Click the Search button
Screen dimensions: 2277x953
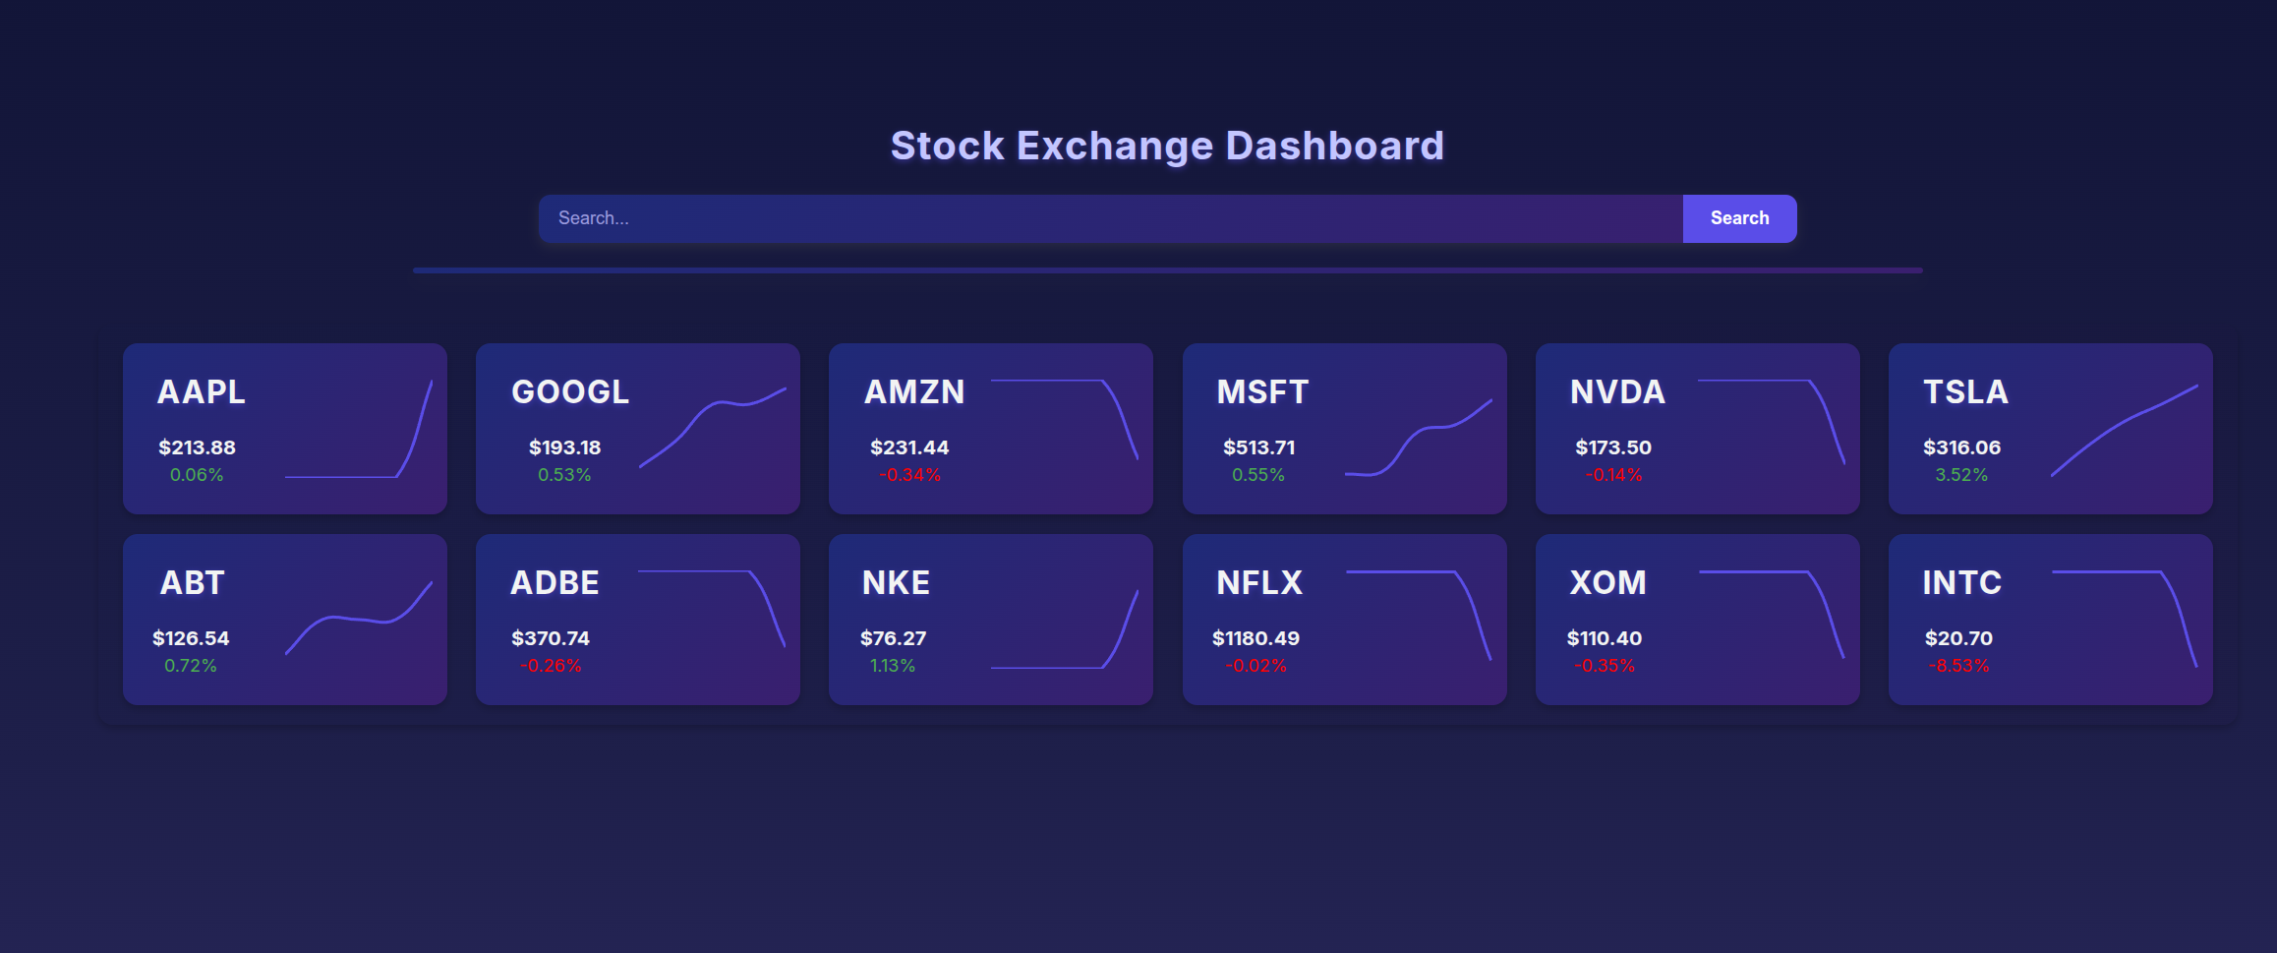(1739, 218)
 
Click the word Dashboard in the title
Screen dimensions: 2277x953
(1335, 146)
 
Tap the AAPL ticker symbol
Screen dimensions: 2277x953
(202, 391)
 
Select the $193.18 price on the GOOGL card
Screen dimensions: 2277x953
(564, 447)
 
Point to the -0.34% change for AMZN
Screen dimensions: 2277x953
(909, 475)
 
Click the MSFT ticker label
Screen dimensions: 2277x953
(1262, 391)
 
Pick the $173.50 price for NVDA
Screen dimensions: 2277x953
(1613, 447)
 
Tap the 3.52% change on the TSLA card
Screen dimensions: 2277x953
(1961, 475)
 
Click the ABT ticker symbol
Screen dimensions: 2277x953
(193, 582)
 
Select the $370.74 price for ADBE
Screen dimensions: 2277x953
(551, 638)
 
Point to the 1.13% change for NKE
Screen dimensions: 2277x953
(893, 666)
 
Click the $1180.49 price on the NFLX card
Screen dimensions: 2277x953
(1255, 638)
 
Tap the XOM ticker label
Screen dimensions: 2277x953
(1607, 582)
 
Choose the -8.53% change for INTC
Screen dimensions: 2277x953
(1958, 666)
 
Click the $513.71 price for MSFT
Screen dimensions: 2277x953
(1258, 447)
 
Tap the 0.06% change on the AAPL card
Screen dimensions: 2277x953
(197, 475)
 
